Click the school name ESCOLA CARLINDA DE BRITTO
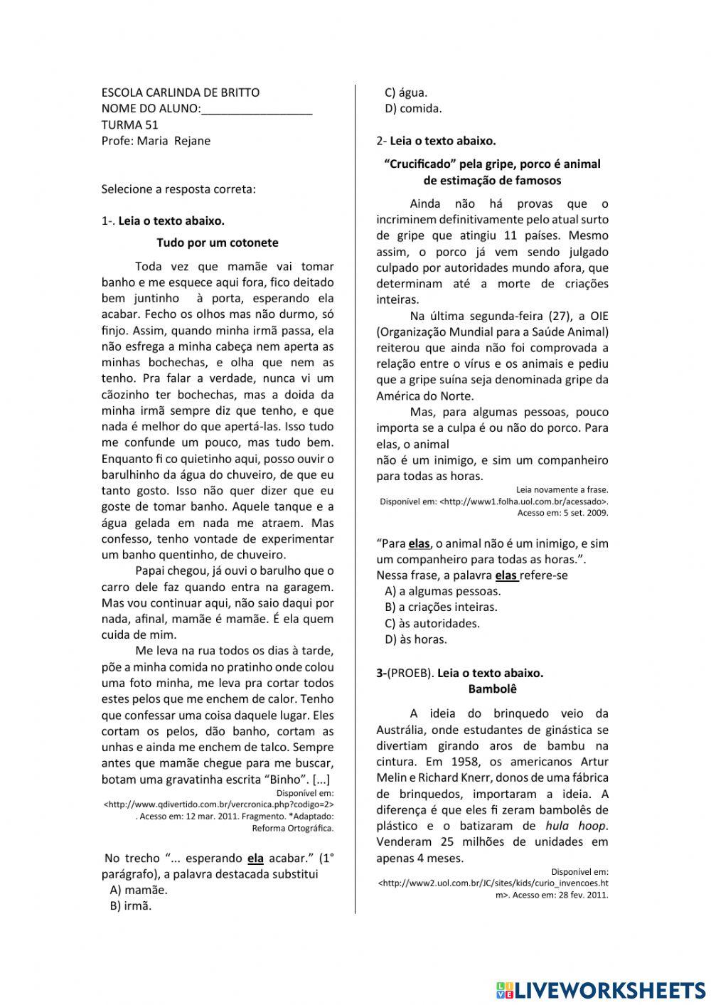point(181,92)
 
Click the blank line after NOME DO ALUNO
point(257,109)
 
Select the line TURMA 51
point(129,124)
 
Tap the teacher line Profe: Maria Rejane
point(156,141)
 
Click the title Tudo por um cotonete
point(218,243)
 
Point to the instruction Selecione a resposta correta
point(178,189)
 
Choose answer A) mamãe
point(139,890)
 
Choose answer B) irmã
point(131,906)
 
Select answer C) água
point(406,92)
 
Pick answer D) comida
point(413,109)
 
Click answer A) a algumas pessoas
point(442,591)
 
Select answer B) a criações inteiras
point(441,607)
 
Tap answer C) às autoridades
point(432,624)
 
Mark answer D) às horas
point(416,639)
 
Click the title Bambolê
point(492,689)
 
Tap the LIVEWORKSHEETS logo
point(601,989)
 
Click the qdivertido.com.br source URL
point(219,804)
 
